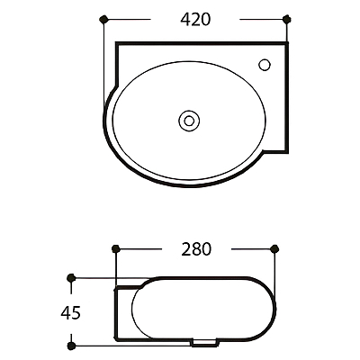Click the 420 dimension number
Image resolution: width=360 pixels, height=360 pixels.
[195, 20]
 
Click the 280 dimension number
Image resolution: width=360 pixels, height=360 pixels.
[196, 249]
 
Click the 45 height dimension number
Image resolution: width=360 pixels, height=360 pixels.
[70, 313]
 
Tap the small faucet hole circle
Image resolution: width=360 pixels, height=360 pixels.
[265, 65]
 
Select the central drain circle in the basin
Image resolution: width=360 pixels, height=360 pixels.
[189, 121]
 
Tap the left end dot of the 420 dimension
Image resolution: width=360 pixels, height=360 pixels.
[103, 19]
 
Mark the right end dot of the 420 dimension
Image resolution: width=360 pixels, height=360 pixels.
[287, 19]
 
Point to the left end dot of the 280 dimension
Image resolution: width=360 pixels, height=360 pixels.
[116, 248]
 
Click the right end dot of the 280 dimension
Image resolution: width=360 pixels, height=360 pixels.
[274, 248]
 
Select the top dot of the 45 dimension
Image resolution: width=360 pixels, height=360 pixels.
[71, 278]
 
